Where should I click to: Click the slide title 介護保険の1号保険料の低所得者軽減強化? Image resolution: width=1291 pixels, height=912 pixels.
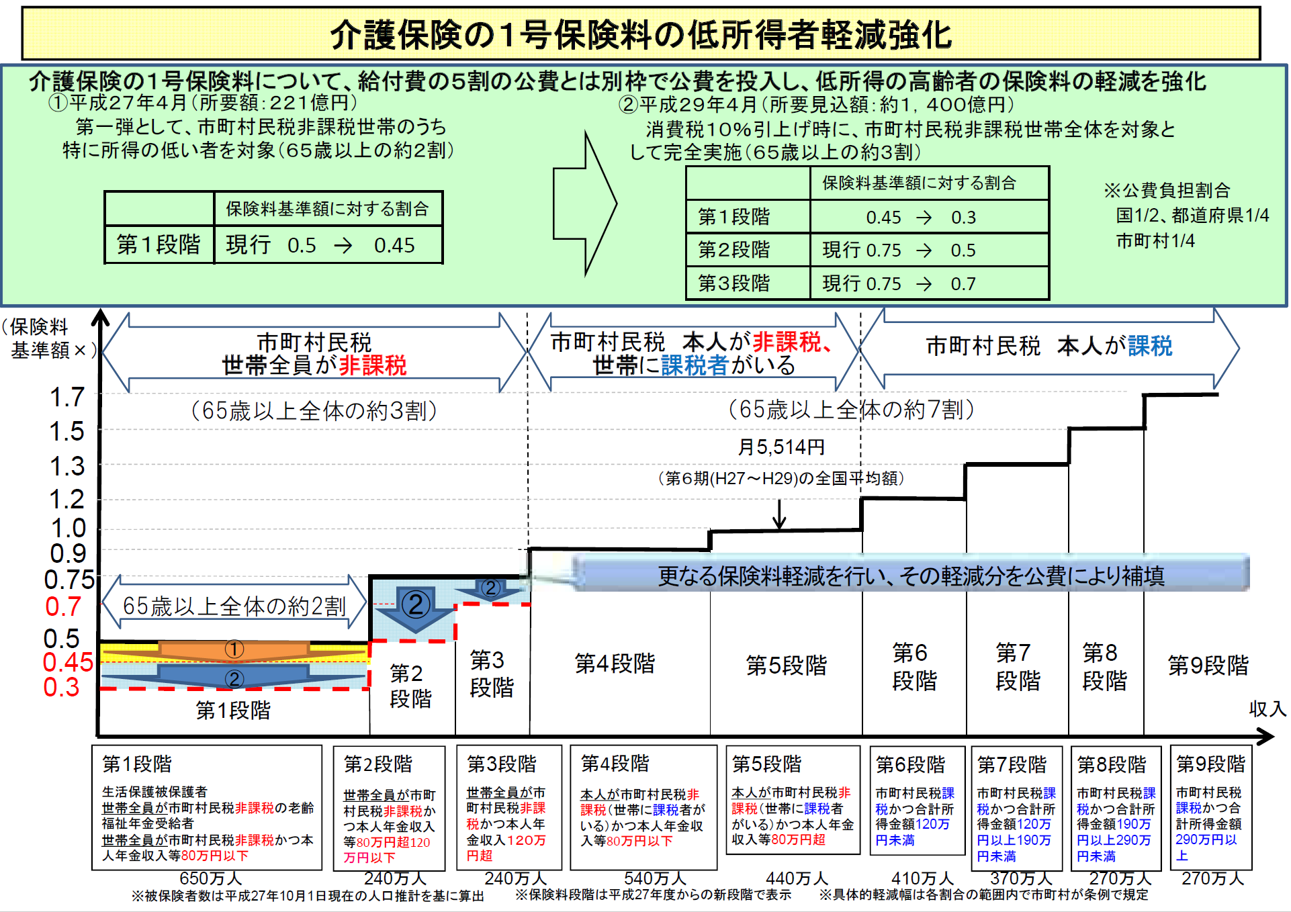(x=641, y=35)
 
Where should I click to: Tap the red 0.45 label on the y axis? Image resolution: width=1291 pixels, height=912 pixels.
(x=68, y=662)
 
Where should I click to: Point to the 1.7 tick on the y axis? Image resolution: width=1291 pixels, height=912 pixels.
(x=67, y=397)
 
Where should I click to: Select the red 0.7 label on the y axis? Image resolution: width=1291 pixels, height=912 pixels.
(x=63, y=606)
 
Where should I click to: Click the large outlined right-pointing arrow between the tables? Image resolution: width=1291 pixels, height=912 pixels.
(x=584, y=203)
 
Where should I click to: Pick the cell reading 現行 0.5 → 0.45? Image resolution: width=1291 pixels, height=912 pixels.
(x=328, y=244)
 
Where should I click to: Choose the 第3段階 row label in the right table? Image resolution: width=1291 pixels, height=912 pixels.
(x=734, y=283)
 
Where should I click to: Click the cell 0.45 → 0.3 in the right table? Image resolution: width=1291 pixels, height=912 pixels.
(x=929, y=217)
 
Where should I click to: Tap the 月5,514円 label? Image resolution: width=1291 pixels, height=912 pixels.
(x=781, y=447)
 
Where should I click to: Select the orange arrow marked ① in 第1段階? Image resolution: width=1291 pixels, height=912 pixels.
(x=234, y=650)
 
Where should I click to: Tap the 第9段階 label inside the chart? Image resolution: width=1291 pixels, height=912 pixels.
(x=1208, y=666)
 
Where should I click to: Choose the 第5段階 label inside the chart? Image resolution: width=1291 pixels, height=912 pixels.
(x=786, y=666)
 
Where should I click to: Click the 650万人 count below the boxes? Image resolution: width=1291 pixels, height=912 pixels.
(x=211, y=878)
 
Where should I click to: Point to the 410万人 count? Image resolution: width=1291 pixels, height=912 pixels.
(x=922, y=878)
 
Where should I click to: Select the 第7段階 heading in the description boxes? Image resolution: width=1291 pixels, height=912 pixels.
(x=1012, y=764)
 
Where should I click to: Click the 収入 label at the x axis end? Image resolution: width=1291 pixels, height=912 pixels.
(x=1267, y=709)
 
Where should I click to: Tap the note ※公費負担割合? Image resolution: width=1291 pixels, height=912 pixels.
(x=1167, y=190)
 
